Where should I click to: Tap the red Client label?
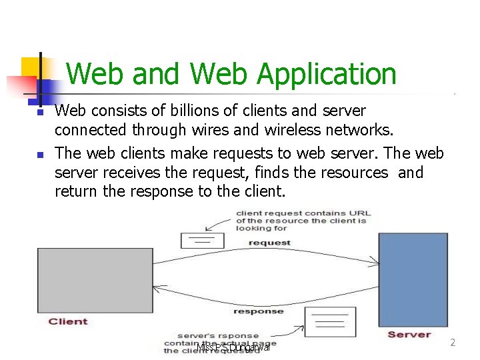coord(68,321)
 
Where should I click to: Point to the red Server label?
coord(409,335)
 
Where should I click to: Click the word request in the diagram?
coord(269,243)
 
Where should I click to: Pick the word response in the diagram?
coord(258,311)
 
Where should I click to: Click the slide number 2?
coord(453,343)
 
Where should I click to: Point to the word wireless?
coord(307,129)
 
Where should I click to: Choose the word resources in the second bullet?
coord(356,173)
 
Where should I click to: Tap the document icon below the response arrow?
coord(331,321)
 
